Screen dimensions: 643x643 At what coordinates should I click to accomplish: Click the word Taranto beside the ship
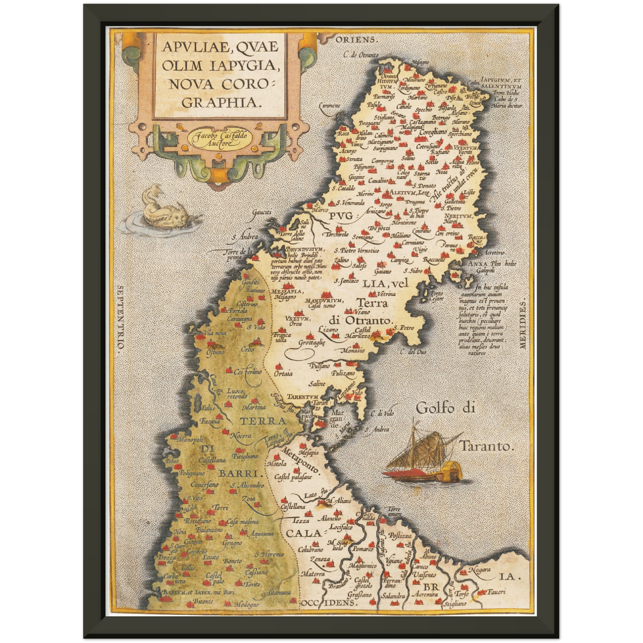[486, 445]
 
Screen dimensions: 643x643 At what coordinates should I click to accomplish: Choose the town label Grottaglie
[311, 343]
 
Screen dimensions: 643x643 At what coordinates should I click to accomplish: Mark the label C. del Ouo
[413, 352]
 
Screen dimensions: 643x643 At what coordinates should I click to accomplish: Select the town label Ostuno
[215, 352]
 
